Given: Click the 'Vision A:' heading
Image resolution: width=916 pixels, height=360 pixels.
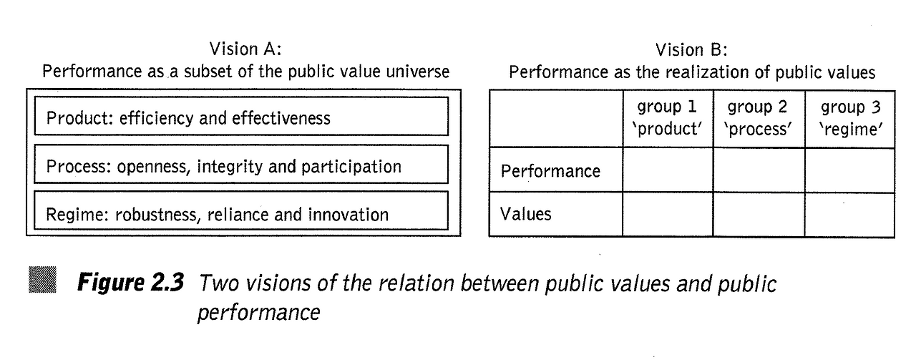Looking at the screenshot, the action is coord(245,49).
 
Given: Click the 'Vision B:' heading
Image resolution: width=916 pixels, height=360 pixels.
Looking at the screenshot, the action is coord(691,49).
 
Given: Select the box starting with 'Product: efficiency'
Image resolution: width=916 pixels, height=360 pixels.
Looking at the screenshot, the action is coord(240,117).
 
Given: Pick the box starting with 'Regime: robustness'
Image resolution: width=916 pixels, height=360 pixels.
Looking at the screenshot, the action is coord(240,213).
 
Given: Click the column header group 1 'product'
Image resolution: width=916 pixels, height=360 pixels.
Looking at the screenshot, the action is coord(667,119).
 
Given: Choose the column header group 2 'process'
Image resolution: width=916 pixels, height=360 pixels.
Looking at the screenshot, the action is coord(758,119).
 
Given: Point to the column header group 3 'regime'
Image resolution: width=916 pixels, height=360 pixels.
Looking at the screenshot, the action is coord(849,119).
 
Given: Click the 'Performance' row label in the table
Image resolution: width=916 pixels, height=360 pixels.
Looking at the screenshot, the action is coord(550,171).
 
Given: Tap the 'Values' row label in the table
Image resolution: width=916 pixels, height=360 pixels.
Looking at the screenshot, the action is coord(526,214).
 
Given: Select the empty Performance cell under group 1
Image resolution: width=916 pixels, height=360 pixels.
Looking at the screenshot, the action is coord(667,170).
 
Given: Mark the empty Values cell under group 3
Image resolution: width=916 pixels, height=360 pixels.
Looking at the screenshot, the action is coord(849,214).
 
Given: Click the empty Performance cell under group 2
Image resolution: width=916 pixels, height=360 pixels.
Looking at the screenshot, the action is coord(758,170).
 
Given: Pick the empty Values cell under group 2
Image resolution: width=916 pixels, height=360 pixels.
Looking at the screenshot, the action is coord(758,214).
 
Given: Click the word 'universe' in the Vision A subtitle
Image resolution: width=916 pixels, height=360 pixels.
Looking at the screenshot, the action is coord(419,72).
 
